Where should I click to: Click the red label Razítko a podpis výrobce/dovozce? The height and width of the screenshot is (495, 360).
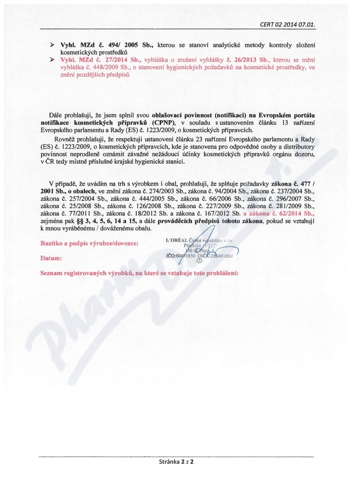[x=90, y=243]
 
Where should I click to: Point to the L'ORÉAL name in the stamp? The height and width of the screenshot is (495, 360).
[x=178, y=240]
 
